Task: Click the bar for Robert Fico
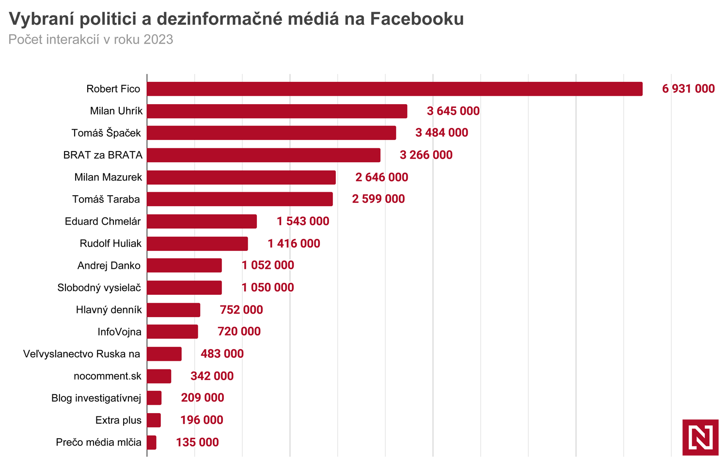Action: pos(395,89)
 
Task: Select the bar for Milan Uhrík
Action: pos(277,111)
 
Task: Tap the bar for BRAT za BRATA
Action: pos(264,155)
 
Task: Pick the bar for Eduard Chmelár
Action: pos(202,221)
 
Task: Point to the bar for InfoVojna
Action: pos(173,332)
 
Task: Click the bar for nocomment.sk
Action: pos(159,376)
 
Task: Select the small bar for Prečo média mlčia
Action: pos(152,443)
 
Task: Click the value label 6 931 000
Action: pos(688,89)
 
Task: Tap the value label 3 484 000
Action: pos(442,133)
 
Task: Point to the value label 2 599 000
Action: pos(378,199)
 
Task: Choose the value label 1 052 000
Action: pos(268,265)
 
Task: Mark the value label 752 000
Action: pos(241,310)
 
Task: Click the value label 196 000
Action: pos(202,420)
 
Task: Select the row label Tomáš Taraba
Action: pos(106,199)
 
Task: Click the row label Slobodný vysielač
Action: pos(99,288)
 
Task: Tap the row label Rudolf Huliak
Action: pos(111,243)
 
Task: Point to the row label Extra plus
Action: pos(118,420)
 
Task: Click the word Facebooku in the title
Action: pos(417,19)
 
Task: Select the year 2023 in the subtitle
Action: pos(158,39)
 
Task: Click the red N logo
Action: pos(700,437)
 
